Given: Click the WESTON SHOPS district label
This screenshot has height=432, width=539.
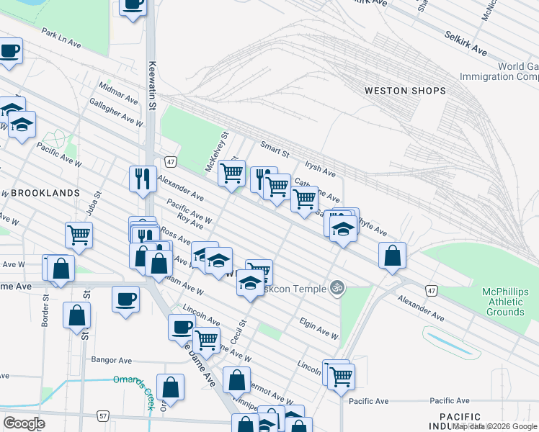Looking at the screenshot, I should (404, 91).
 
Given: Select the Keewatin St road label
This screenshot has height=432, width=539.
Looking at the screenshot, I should (151, 85).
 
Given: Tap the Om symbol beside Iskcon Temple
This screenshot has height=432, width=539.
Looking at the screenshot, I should (336, 288).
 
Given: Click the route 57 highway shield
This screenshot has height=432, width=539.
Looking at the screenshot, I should (104, 416).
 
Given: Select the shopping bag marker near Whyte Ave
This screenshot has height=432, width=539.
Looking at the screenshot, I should (392, 255).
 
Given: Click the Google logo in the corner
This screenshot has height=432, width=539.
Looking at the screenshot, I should (24, 423).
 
